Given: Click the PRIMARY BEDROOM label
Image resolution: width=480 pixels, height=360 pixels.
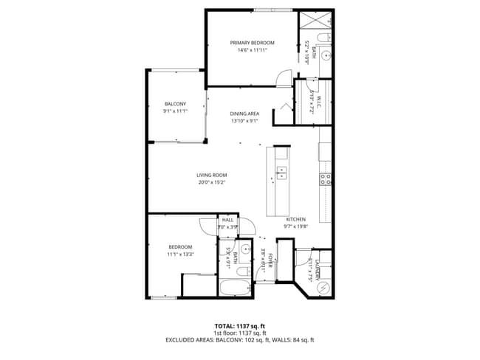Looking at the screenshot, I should (252, 43).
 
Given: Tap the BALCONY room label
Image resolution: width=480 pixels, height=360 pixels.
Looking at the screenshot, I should (175, 103).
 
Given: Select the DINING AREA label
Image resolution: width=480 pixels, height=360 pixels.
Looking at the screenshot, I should (244, 113).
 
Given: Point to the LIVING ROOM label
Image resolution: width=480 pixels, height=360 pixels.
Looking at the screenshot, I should (210, 175).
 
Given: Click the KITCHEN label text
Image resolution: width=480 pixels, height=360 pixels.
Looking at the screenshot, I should (296, 220).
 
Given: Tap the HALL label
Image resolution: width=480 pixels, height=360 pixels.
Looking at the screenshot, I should (227, 220).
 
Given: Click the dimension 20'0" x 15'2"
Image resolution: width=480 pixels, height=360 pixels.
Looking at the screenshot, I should (210, 182).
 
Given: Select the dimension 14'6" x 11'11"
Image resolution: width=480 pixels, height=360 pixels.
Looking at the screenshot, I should (252, 50).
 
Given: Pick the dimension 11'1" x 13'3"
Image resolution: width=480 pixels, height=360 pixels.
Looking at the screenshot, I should (180, 254).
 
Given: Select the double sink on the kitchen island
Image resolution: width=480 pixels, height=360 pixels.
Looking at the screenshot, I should (281, 173).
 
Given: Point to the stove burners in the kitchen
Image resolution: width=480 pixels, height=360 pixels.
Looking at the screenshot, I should (325, 177).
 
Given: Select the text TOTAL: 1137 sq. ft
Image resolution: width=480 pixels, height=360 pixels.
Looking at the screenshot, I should (240, 325).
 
